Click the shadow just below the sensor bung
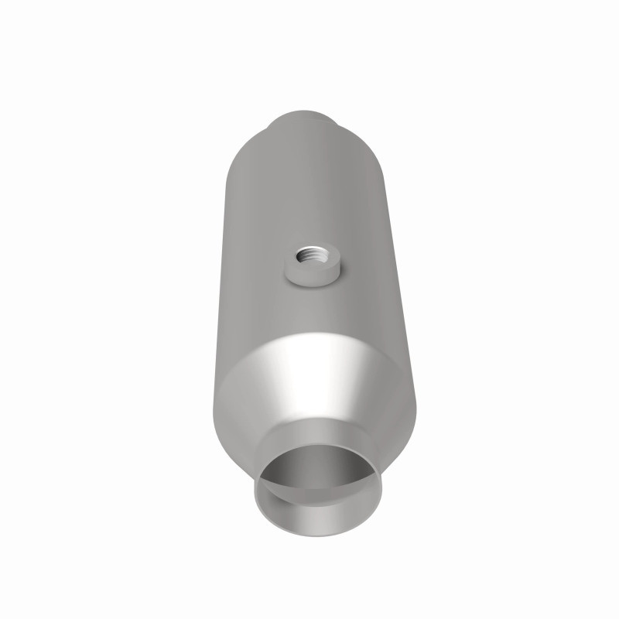click(313, 289)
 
